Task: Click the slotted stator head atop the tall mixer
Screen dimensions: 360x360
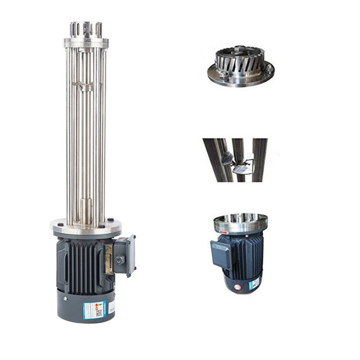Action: pos(85,29)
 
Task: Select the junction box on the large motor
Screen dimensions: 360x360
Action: pos(123,255)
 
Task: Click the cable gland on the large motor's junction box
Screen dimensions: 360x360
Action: pos(120,260)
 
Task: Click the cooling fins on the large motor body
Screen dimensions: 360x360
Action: pos(82,264)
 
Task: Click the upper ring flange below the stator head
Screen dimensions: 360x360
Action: pos(85,42)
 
